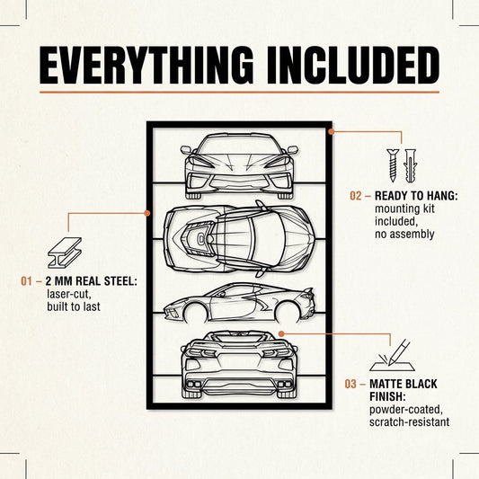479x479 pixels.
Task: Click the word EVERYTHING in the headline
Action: [x=146, y=65]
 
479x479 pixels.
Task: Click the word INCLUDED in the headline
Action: [x=353, y=65]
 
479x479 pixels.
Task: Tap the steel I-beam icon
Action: [x=65, y=253]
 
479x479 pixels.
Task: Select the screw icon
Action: [x=393, y=165]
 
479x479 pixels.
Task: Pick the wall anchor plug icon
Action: [x=410, y=166]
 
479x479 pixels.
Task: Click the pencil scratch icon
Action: [x=393, y=355]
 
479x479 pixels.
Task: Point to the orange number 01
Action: [x=26, y=281]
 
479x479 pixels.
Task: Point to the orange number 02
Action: [x=356, y=196]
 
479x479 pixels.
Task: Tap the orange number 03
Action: [x=350, y=384]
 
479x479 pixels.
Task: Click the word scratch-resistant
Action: [x=409, y=422]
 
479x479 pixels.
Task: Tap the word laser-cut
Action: [x=68, y=294]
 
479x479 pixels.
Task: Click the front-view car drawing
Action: [x=239, y=166]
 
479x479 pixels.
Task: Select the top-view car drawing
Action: [x=239, y=239]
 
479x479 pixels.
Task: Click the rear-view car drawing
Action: [x=239, y=366]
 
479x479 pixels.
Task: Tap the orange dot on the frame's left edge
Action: [x=147, y=213]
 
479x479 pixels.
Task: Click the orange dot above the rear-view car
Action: [x=281, y=334]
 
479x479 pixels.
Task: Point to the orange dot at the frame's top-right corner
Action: [x=332, y=132]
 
